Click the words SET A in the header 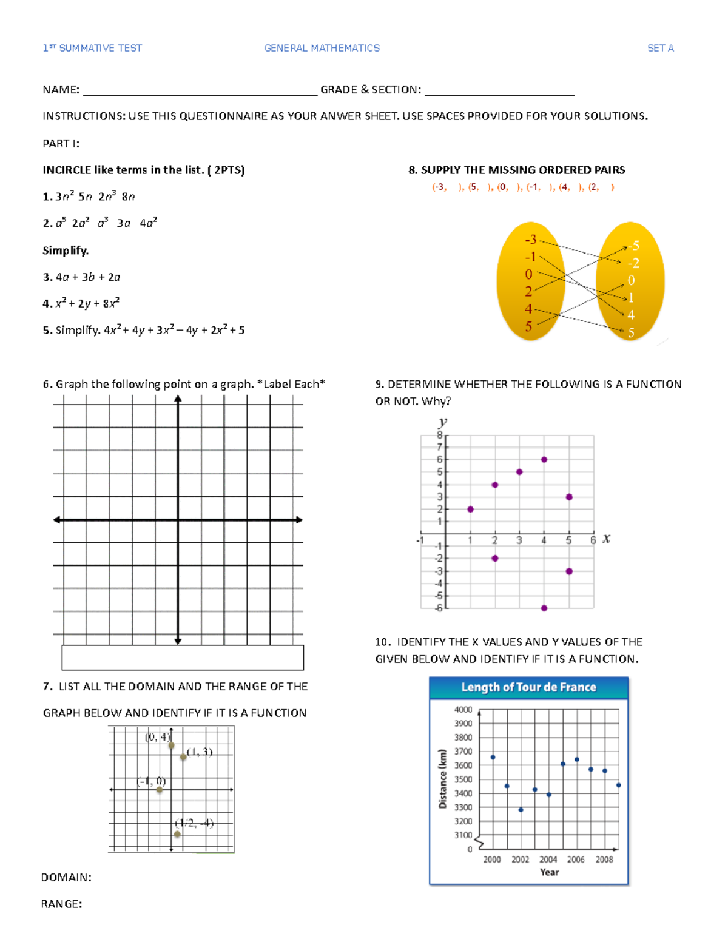tap(660, 48)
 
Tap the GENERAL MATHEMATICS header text tap(322, 48)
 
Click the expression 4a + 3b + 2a tap(88, 277)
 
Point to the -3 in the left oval tap(530, 239)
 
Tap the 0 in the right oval tap(631, 280)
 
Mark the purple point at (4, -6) tap(544, 608)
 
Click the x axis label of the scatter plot tap(606, 539)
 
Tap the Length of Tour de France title tap(528, 687)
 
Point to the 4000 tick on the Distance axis tap(463, 709)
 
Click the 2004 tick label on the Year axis tap(548, 860)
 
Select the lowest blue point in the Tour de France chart tap(521, 810)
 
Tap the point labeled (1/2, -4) tap(177, 835)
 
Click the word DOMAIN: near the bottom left tap(66, 877)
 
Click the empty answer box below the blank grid tap(183, 658)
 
